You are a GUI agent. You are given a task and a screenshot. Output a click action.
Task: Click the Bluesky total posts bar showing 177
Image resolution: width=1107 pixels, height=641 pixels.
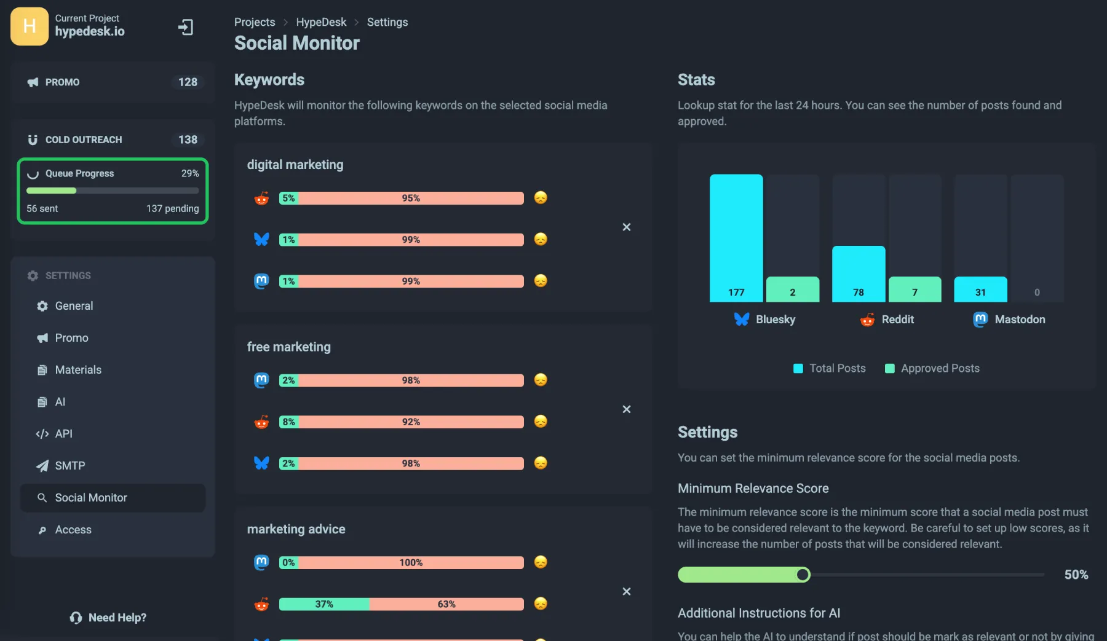pos(736,237)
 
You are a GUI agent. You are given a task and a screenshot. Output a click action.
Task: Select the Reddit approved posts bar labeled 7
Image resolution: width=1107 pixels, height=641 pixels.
pos(915,289)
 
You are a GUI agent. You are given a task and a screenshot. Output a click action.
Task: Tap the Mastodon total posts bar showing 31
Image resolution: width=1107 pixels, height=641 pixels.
pos(980,289)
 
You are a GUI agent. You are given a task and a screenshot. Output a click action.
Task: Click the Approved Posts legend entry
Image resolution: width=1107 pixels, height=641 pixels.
pos(932,368)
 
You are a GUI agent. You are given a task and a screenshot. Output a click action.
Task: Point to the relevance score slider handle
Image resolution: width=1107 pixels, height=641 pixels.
pos(803,575)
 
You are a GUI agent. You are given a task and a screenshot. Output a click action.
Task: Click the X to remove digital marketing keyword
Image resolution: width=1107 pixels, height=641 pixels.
pos(626,227)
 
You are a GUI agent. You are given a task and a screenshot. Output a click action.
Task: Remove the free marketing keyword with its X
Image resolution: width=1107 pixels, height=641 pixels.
pos(626,409)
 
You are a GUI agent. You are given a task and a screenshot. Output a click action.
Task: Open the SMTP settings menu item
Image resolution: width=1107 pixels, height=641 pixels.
pos(70,466)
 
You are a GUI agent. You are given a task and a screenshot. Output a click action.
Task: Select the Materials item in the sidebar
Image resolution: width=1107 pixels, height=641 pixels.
pos(78,370)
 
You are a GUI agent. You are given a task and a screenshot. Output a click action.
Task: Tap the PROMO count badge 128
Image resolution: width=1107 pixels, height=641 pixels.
pos(188,82)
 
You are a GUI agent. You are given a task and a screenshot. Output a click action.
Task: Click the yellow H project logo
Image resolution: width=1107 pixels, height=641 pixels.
pos(30,26)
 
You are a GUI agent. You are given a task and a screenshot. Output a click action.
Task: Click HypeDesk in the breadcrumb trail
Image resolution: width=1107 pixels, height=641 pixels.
pos(321,22)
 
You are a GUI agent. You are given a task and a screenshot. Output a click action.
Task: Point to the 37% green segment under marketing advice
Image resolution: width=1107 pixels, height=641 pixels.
pos(324,604)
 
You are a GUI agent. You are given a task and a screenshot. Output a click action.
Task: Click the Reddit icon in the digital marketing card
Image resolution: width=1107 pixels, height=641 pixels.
pos(261,199)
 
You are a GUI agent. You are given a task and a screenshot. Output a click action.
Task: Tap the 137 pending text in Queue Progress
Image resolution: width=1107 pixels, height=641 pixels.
pos(172,209)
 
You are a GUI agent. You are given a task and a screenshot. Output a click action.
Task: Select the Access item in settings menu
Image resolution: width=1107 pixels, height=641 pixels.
pos(73,530)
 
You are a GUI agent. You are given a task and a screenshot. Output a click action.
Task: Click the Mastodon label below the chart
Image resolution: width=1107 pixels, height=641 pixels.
pos(1019,320)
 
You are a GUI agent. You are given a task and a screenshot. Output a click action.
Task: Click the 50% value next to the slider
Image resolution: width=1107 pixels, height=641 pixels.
pos(1076,575)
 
